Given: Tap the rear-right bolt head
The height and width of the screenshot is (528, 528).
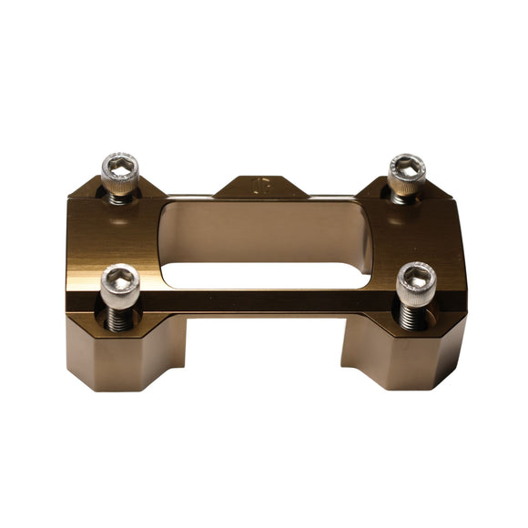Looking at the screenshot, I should coord(405,171).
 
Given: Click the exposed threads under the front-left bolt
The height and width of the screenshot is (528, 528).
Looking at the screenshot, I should coord(121,315).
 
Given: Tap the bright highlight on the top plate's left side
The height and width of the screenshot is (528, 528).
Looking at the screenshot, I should coord(109,237).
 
